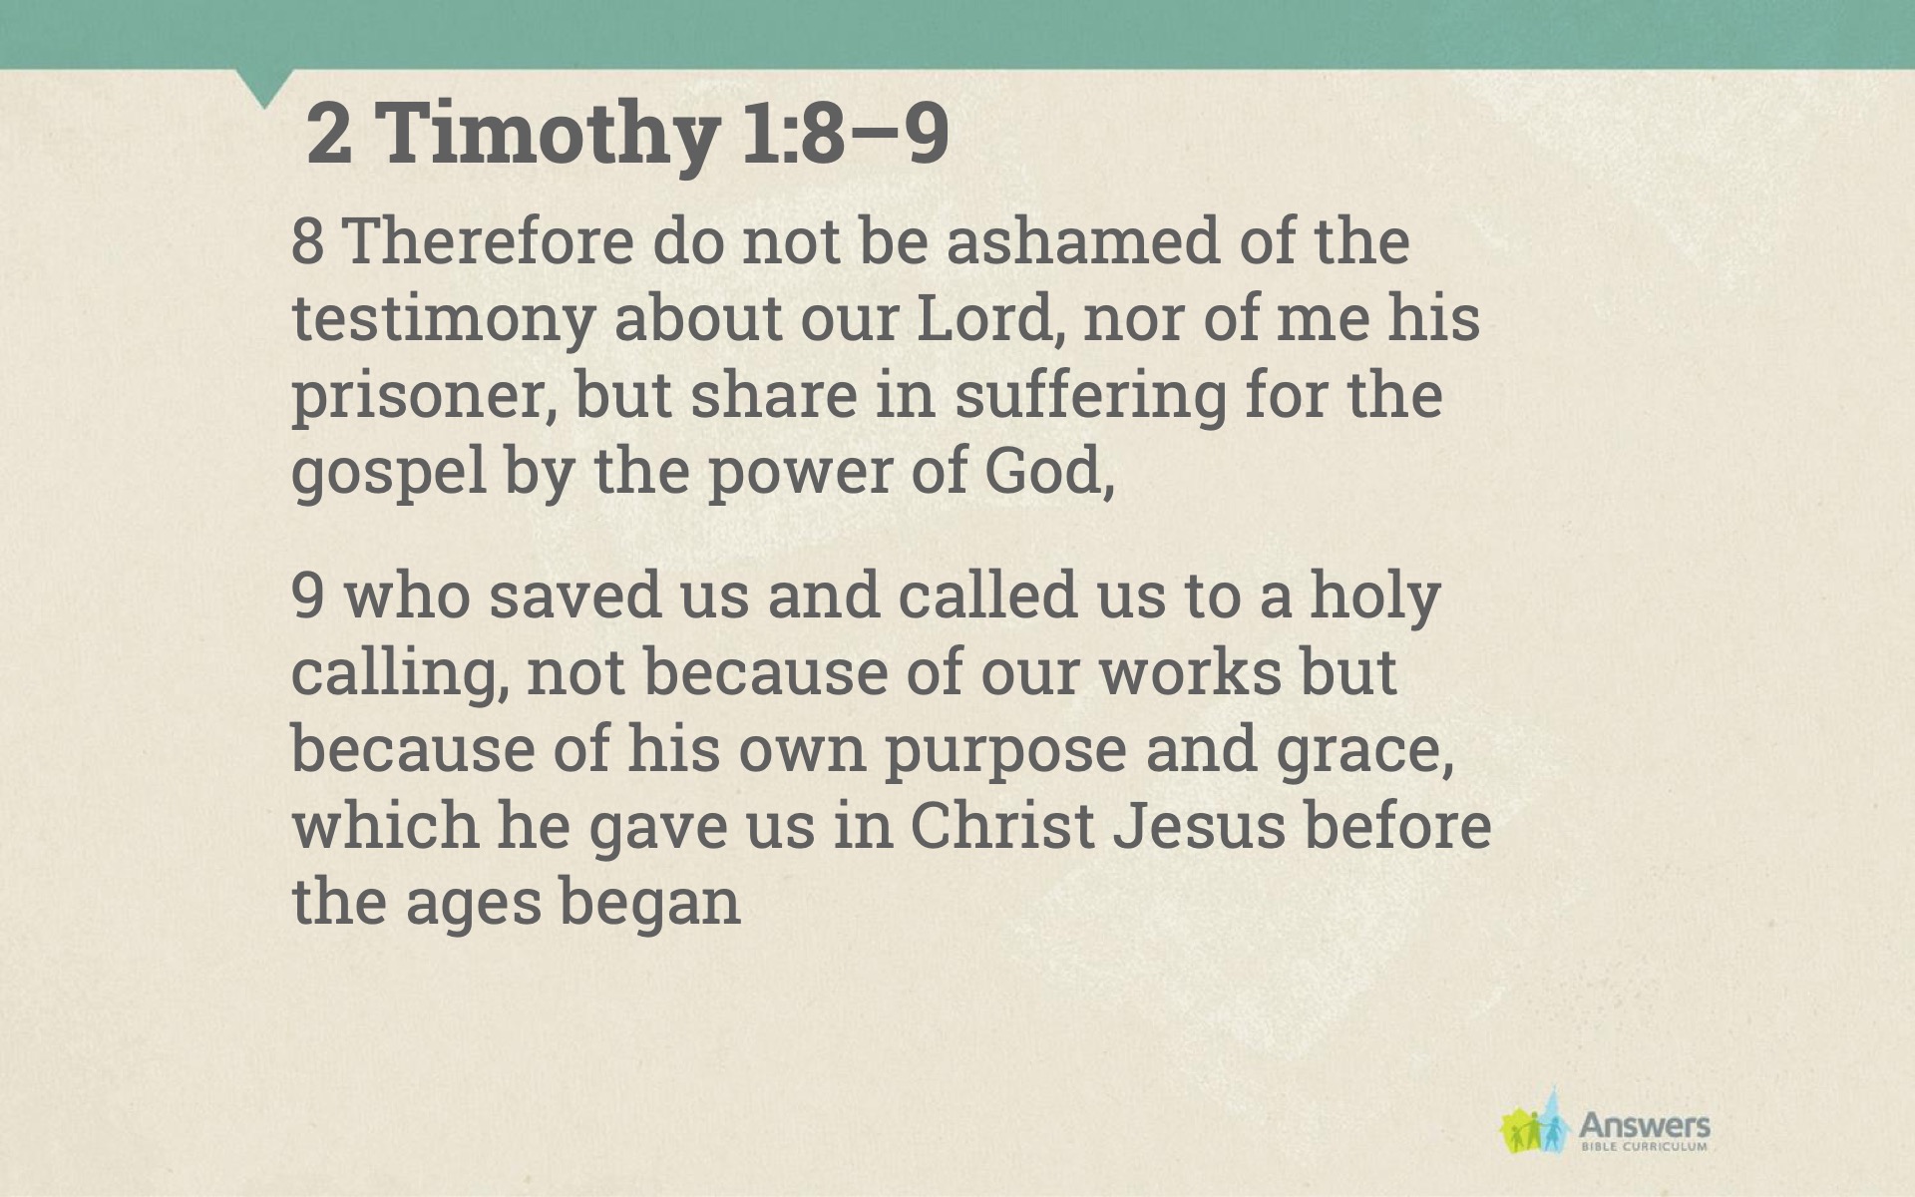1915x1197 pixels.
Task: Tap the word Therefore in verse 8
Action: [x=488, y=241]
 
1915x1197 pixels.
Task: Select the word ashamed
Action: [x=1083, y=241]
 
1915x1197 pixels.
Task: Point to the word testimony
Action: [x=443, y=320]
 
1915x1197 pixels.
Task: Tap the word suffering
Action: [x=1090, y=395]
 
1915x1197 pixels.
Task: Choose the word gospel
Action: [x=389, y=473]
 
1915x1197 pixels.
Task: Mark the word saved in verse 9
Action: [x=575, y=596]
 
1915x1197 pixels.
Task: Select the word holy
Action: [x=1374, y=597]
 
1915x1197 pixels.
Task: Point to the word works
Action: [x=1189, y=673]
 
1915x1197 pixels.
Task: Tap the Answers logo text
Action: [x=1644, y=1127]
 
